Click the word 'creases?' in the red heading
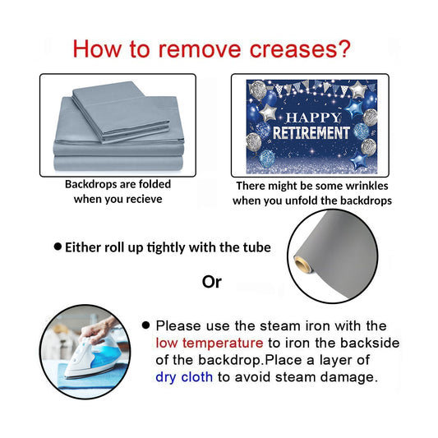(x=300, y=49)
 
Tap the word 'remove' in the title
(x=200, y=49)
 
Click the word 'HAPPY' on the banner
(x=313, y=118)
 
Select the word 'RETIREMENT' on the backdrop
(x=311, y=132)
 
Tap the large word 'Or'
(x=212, y=282)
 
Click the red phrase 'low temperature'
(x=210, y=343)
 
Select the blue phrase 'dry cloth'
(x=184, y=377)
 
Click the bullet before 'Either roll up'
(x=58, y=247)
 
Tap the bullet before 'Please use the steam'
(x=145, y=325)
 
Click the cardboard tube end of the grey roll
(x=302, y=264)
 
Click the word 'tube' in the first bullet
(x=257, y=247)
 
